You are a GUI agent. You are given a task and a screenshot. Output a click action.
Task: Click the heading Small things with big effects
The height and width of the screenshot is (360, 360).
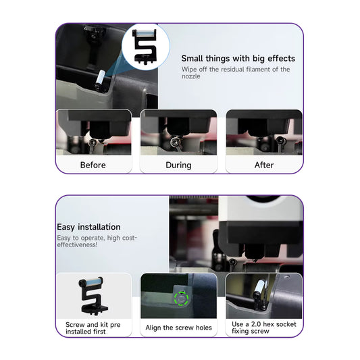pyautogui.click(x=238, y=59)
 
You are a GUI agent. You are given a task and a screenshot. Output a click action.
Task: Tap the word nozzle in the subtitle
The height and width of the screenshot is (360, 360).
pyautogui.click(x=190, y=76)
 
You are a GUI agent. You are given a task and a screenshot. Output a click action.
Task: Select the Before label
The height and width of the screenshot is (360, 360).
pyautogui.click(x=93, y=165)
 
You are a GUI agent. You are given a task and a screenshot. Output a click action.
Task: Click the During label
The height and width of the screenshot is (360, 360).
pyautogui.click(x=178, y=165)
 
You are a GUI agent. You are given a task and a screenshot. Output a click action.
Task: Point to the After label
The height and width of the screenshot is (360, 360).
pyautogui.click(x=264, y=165)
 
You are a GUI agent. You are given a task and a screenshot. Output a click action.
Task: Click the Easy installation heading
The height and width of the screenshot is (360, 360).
pyautogui.click(x=88, y=227)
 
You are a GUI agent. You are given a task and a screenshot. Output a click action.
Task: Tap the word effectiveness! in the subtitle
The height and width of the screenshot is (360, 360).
pyautogui.click(x=77, y=245)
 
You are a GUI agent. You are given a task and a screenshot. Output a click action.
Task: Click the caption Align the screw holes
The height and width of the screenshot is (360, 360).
pyautogui.click(x=178, y=328)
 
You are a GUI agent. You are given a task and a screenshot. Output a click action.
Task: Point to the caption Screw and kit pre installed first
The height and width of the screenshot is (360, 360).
pyautogui.click(x=93, y=328)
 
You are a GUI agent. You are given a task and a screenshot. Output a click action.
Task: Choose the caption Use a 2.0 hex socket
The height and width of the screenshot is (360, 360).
pyautogui.click(x=264, y=324)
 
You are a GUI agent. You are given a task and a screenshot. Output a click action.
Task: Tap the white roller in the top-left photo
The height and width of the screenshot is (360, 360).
pyautogui.click(x=101, y=78)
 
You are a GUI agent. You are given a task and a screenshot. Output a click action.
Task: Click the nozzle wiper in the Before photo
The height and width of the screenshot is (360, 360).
pyautogui.click(x=93, y=144)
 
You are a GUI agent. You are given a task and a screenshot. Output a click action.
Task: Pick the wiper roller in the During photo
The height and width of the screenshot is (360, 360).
pyautogui.click(x=175, y=143)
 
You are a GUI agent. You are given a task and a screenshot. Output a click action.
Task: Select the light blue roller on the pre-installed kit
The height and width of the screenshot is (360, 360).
pyautogui.click(x=91, y=281)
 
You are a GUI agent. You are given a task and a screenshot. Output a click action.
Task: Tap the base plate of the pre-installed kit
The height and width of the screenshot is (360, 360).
pyautogui.click(x=95, y=309)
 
